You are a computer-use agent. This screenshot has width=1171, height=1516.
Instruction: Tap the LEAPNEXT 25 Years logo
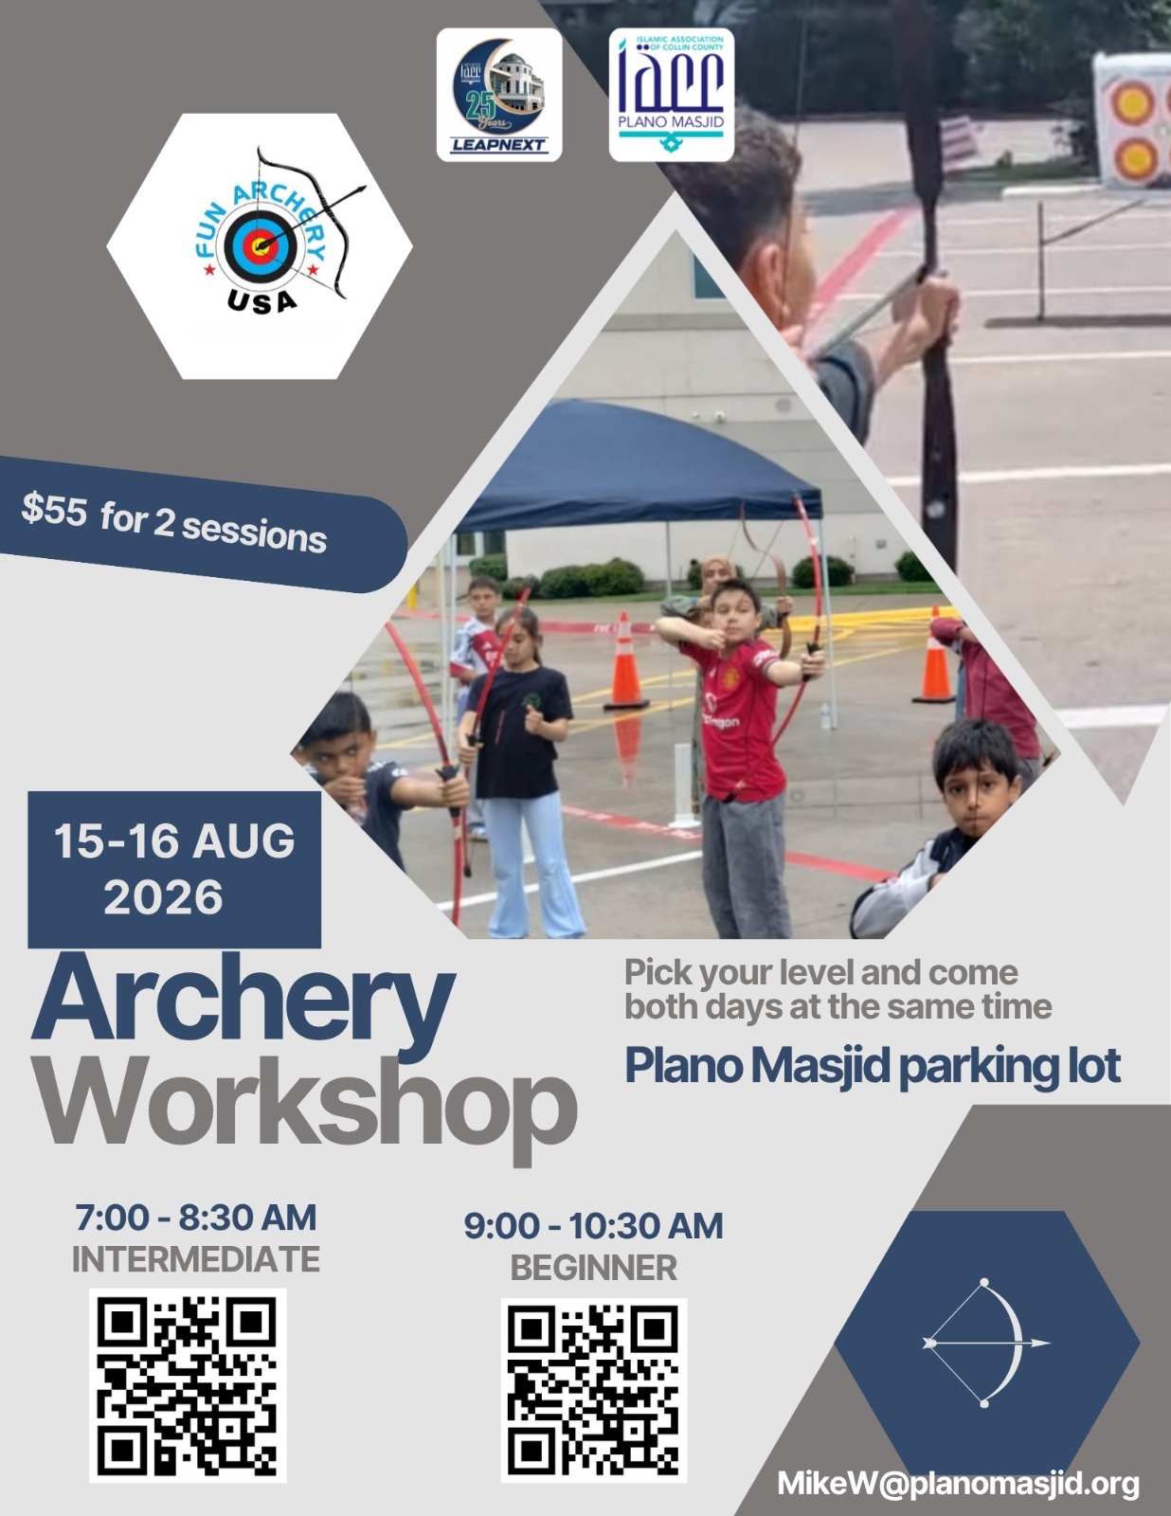[x=498, y=95]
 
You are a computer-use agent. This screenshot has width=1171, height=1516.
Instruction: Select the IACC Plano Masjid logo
[x=671, y=95]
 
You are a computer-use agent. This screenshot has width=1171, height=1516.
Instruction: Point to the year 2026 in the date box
[x=163, y=896]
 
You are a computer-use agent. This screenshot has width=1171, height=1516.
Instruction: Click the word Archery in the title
[x=243, y=1004]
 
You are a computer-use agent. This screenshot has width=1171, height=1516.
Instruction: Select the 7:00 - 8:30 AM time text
[x=196, y=1218]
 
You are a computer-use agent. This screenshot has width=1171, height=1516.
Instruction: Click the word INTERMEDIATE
[x=196, y=1259]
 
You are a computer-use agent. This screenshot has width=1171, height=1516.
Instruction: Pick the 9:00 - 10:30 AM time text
[x=593, y=1226]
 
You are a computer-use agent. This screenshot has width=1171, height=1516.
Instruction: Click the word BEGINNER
[x=593, y=1268]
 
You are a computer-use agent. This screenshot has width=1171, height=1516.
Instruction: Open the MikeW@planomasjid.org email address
[x=958, y=1484]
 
